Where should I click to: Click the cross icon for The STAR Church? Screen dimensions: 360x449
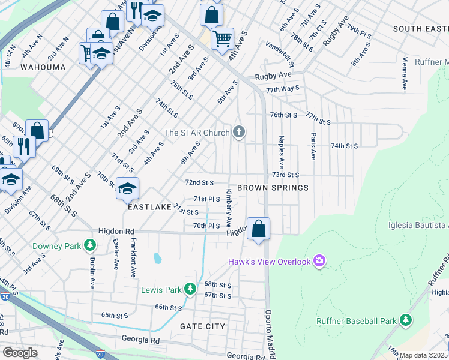240,132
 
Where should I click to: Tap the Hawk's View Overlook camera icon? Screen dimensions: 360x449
319,260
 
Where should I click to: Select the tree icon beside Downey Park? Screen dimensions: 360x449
89,245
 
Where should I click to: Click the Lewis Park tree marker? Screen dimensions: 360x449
190,289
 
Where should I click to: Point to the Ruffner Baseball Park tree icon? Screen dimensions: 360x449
406,320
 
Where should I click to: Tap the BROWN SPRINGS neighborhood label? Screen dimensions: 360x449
273,188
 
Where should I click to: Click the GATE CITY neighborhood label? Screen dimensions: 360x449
203,326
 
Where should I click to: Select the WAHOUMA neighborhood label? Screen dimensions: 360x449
43,67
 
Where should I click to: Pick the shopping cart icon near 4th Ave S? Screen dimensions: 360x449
222,39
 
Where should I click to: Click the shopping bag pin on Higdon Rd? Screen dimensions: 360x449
258,229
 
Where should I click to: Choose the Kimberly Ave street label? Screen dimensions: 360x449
229,205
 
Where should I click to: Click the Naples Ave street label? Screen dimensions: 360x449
280,152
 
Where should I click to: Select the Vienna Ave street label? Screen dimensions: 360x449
405,74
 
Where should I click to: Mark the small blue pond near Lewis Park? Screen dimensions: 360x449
157,258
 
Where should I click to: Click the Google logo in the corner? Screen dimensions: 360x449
20,353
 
